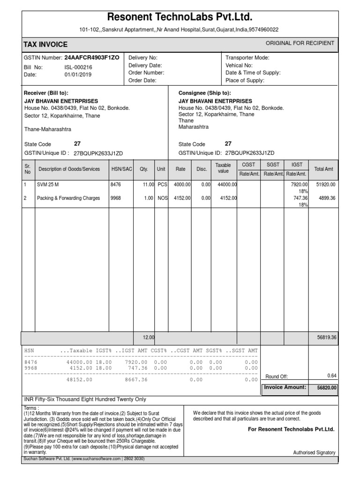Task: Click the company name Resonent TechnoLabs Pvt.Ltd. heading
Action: click(x=180, y=18)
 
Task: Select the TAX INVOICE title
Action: click(x=45, y=44)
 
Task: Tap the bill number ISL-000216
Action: click(x=78, y=67)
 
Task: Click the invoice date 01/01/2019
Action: click(x=78, y=74)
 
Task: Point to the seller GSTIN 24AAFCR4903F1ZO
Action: click(x=91, y=58)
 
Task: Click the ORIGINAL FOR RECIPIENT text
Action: click(x=300, y=43)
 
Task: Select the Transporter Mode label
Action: click(x=247, y=58)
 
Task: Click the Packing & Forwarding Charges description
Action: click(x=68, y=198)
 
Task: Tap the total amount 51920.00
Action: click(x=326, y=185)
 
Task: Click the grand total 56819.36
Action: click(x=326, y=337)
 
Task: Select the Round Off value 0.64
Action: click(x=331, y=376)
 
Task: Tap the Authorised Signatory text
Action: click(x=314, y=452)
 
